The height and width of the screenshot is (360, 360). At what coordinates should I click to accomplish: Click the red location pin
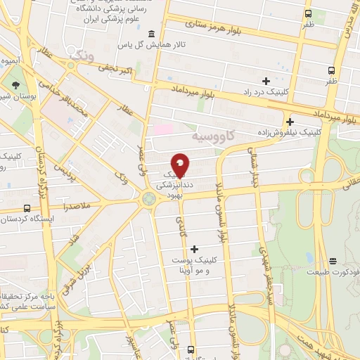point(180,164)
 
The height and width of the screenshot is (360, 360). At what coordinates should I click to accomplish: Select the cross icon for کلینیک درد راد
point(266,80)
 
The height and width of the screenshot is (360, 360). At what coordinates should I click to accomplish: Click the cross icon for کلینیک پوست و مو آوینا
point(194,247)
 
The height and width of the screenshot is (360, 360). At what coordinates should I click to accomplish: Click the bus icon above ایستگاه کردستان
point(27,208)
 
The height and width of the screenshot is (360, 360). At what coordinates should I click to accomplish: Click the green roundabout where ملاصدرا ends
point(148,199)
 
